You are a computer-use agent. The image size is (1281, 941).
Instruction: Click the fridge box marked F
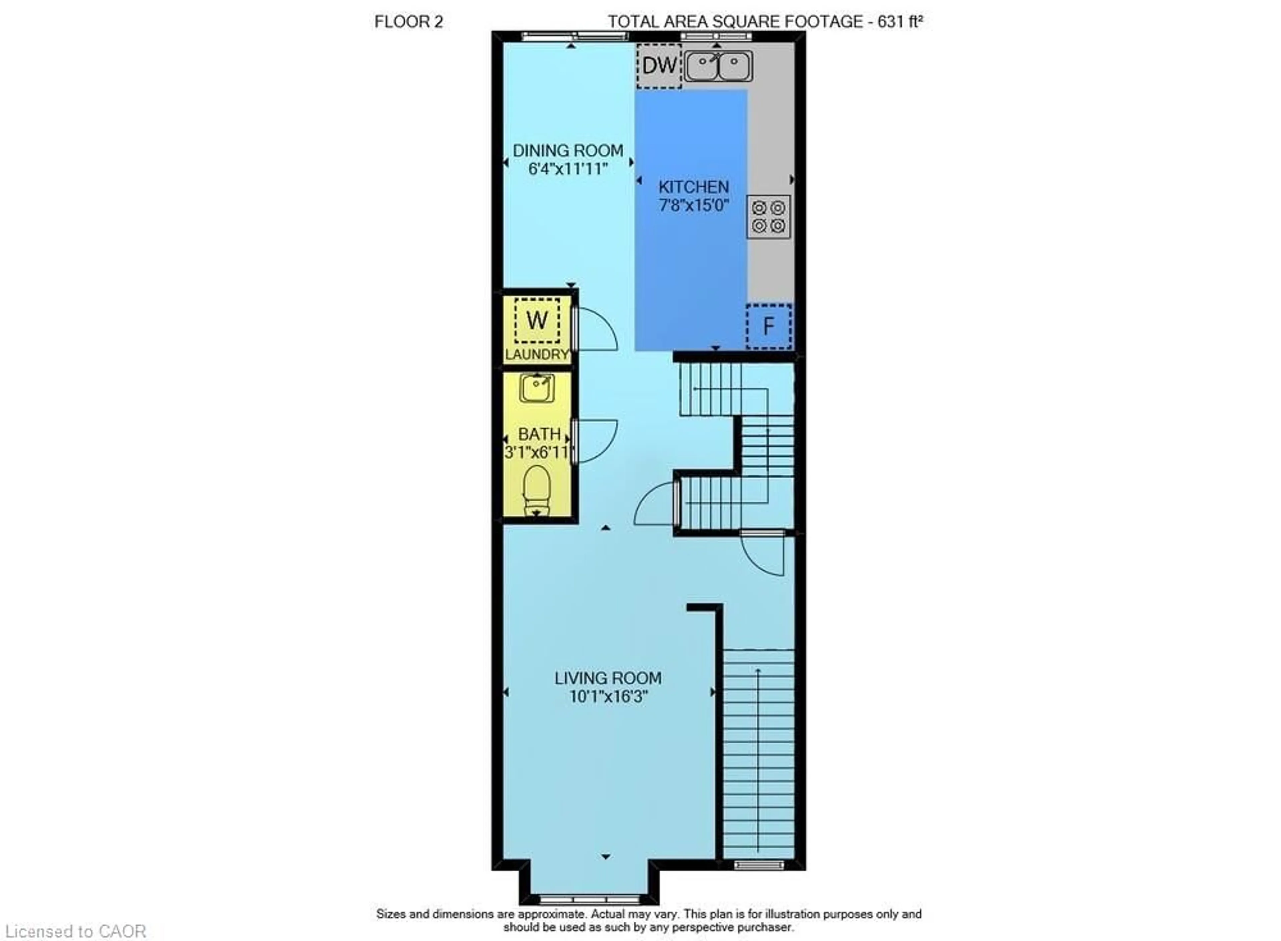(768, 326)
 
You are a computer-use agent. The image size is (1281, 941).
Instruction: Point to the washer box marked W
(537, 320)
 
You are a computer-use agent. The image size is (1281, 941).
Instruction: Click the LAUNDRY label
(537, 354)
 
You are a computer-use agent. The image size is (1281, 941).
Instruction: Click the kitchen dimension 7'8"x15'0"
(694, 205)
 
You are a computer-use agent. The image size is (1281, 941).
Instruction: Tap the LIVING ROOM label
(608, 679)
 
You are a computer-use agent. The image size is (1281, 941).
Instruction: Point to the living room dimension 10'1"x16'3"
(608, 697)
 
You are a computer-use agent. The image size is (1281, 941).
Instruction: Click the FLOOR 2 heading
(409, 22)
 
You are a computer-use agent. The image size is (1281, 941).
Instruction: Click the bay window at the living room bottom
(589, 900)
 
